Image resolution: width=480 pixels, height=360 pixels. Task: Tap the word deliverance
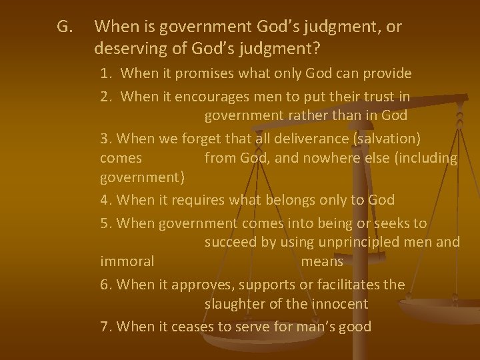(x=313, y=139)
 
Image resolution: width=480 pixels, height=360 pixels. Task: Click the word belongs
(x=289, y=200)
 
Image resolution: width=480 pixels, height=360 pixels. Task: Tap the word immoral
(x=127, y=261)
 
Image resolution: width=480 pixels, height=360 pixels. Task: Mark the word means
(x=322, y=261)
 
